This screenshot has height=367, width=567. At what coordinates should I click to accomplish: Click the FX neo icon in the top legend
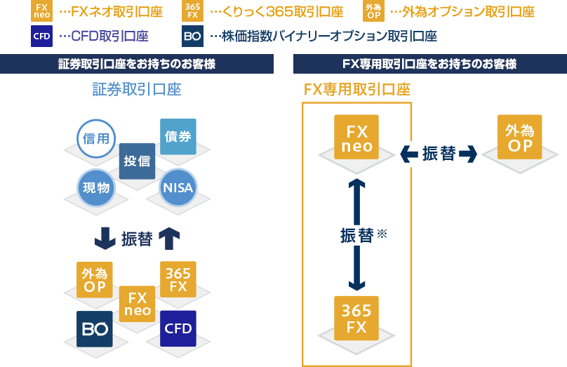click(41, 11)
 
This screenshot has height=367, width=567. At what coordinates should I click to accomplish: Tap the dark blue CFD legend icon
click(41, 36)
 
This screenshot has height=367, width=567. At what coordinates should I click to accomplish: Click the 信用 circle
click(96, 138)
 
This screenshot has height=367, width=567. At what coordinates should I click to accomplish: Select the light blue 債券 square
click(178, 136)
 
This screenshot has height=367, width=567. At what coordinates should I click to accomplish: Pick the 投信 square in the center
click(137, 161)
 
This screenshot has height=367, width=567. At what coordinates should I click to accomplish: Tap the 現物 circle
click(96, 187)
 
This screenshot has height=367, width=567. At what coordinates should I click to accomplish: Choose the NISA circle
click(178, 188)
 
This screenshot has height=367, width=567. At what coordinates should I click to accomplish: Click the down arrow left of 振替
click(105, 239)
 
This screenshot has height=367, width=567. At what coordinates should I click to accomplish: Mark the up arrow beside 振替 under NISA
click(169, 239)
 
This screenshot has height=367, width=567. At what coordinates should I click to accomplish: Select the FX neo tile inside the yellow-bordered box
click(356, 137)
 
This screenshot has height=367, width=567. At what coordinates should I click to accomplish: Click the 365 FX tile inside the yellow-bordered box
click(356, 317)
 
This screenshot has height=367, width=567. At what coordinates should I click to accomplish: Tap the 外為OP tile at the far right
click(520, 137)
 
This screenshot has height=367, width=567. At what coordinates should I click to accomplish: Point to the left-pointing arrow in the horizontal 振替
click(409, 154)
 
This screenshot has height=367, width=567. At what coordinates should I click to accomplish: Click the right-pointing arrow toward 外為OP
click(468, 154)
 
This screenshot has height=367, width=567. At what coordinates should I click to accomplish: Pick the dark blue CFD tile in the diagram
click(178, 328)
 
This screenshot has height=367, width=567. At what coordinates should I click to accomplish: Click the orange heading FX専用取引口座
click(356, 89)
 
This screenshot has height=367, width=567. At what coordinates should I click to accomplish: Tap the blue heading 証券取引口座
click(137, 89)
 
